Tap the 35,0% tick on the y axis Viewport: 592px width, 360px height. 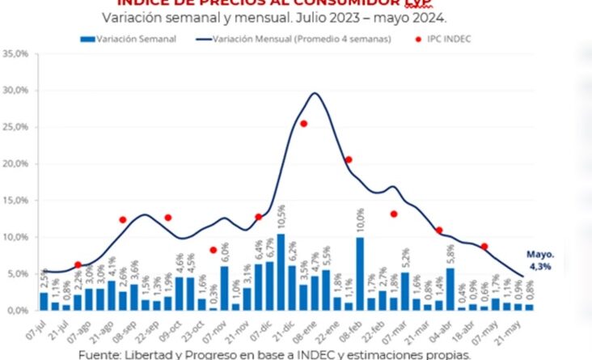coord(17,54)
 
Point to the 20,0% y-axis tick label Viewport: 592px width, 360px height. coord(17,163)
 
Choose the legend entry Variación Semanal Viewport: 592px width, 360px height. coord(129,39)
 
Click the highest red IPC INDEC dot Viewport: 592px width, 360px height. coord(303,124)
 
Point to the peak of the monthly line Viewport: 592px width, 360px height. coord(314,93)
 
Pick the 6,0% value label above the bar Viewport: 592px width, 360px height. coord(224,253)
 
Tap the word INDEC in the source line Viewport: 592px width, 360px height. coord(315,354)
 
